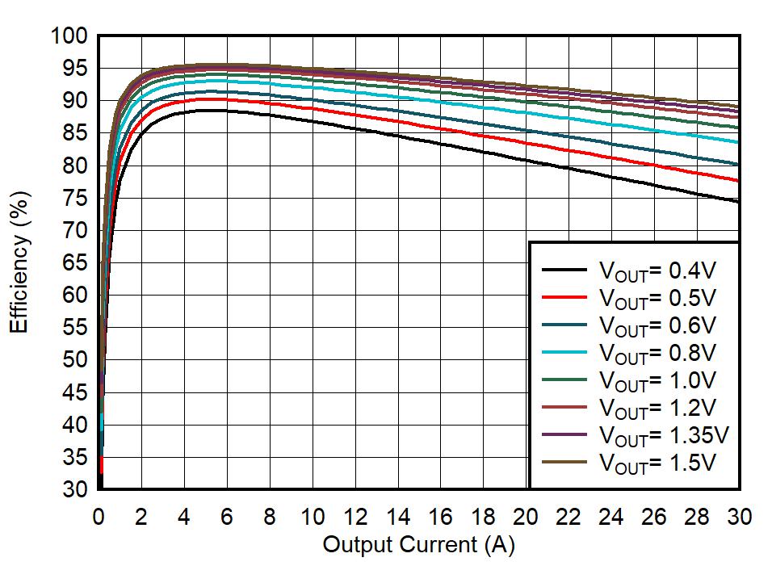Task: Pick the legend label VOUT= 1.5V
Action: tap(657, 463)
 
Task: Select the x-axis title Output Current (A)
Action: tap(418, 545)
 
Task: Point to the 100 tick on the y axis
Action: tap(68, 36)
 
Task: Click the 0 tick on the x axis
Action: tap(99, 517)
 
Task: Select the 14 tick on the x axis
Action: tap(398, 517)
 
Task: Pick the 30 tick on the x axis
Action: tap(740, 517)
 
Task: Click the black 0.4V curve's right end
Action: tap(739, 201)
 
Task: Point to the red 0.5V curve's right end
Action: tap(739, 181)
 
